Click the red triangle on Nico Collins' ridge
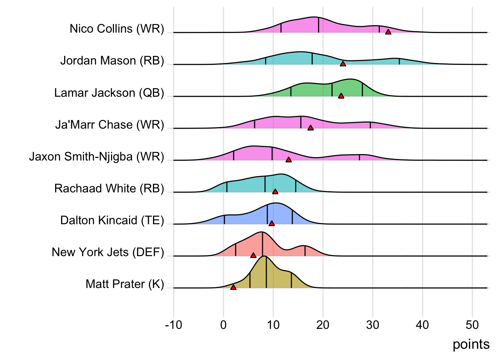[x=388, y=32]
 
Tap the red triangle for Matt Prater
[x=233, y=287]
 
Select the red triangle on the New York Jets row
[x=253, y=255]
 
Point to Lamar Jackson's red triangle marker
[x=341, y=96]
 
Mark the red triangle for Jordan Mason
[x=343, y=64]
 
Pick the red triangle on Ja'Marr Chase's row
[x=310, y=128]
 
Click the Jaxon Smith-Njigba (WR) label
[x=97, y=156]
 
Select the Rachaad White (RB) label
[x=109, y=188]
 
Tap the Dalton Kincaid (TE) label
[x=112, y=220]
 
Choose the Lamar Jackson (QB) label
[x=109, y=93]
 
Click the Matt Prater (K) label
[x=125, y=284]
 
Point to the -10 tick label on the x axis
[x=173, y=325]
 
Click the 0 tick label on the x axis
[x=223, y=325]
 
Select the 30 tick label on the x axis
[x=373, y=325]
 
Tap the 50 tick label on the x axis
[x=472, y=325]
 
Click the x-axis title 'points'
[x=471, y=344]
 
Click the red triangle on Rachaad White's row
[x=275, y=192]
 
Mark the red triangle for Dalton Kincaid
[x=271, y=223]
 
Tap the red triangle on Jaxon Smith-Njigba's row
[x=288, y=160]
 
